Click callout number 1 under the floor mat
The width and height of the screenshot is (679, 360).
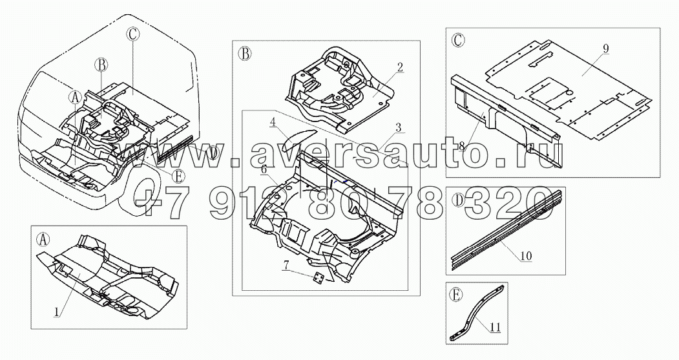point(57,310)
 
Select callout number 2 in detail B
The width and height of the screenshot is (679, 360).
point(401,67)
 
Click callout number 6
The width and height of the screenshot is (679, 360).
point(264,169)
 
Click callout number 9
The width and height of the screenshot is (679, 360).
point(605,48)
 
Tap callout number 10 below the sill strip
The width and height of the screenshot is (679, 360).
point(527,256)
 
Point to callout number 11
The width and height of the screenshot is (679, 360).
point(495,327)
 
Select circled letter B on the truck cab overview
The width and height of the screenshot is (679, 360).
point(101,64)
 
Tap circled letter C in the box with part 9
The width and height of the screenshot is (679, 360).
point(457,40)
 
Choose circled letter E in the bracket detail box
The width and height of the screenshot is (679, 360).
point(457,295)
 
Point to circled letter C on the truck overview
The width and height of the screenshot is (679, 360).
point(131,35)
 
